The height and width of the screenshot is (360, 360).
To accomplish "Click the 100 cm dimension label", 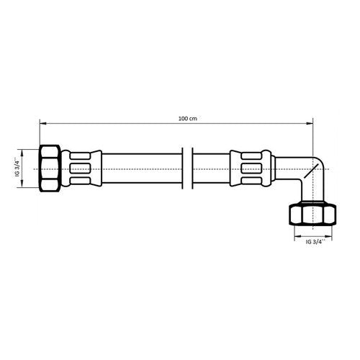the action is click(188, 119).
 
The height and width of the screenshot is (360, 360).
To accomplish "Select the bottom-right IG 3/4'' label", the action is click(315, 242).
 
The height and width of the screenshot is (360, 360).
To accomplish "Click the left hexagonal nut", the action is click(50, 168).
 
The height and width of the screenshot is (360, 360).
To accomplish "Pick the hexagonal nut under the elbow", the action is click(312, 214).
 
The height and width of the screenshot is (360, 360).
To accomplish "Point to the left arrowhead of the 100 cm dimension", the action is click(42, 123).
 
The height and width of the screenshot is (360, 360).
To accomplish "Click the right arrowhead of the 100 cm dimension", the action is click(310, 123).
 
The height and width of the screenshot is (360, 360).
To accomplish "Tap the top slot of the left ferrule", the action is click(80, 156).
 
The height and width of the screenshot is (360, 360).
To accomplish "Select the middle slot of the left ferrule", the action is click(80, 168).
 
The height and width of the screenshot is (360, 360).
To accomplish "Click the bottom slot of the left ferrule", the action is click(80, 181).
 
